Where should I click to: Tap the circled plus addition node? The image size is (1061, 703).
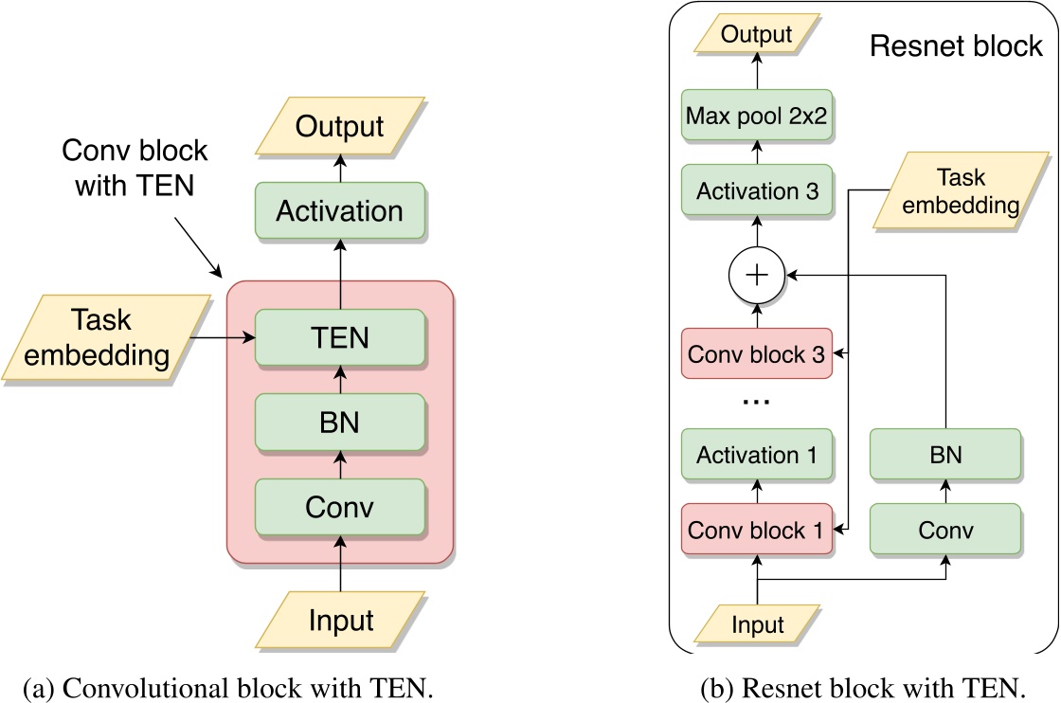(757, 275)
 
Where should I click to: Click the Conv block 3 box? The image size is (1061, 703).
(757, 354)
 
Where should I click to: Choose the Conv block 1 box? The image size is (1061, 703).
(757, 530)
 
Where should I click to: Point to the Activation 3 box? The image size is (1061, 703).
(757, 191)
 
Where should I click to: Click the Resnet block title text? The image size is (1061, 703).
(956, 46)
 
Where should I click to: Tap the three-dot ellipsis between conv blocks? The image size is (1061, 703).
(757, 402)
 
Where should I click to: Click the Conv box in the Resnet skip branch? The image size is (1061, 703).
(945, 530)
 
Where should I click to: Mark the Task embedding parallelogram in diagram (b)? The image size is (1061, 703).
(959, 192)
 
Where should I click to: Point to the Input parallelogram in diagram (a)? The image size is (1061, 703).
(340, 621)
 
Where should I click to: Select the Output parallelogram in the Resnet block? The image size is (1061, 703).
(756, 36)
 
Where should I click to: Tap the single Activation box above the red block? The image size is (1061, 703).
(340, 210)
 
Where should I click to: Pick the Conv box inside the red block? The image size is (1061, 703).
(340, 507)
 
